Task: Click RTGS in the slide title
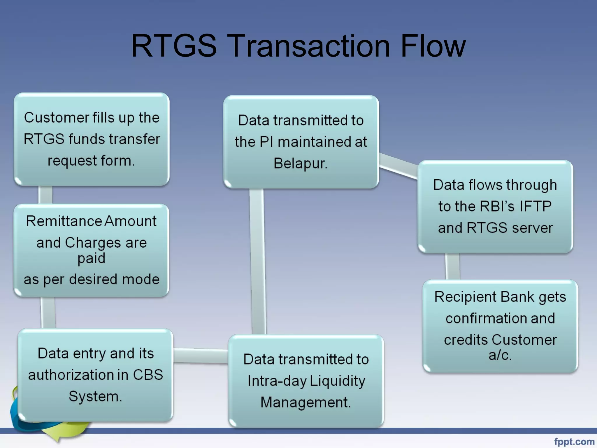[x=174, y=46]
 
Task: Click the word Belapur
[x=300, y=163]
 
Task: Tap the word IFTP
[x=536, y=206]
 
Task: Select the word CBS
[x=148, y=375]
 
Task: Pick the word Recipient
[x=466, y=297]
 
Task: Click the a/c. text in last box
[x=500, y=355]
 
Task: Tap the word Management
[x=305, y=402]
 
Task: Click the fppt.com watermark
[x=574, y=442]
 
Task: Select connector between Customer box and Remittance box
[x=45, y=195]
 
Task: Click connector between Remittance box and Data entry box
[x=48, y=313]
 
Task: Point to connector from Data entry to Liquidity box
[x=201, y=356]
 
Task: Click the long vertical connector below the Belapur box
[x=258, y=261]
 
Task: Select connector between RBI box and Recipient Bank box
[x=452, y=267]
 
